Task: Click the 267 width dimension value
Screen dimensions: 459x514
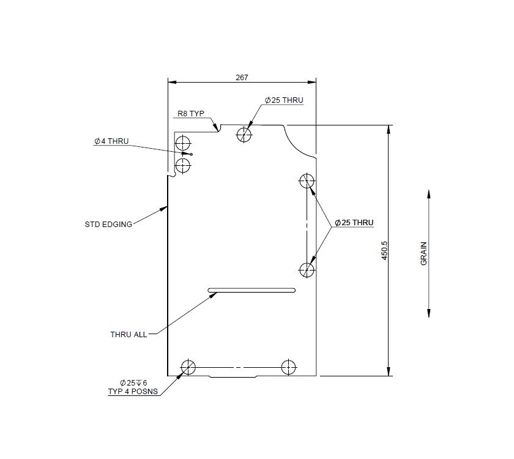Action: coord(242,78)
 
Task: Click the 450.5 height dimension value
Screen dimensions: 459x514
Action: coord(385,251)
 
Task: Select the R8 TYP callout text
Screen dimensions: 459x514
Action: coord(190,114)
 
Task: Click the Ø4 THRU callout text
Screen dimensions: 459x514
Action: coord(111,141)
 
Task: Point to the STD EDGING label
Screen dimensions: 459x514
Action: coord(108,225)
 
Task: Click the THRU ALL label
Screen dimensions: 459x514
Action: coord(128,335)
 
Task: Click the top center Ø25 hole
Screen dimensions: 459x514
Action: coord(245,134)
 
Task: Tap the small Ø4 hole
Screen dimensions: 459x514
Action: coord(192,154)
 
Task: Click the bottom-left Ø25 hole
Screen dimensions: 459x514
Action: coord(188,367)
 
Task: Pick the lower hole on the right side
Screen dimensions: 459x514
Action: coord(307,269)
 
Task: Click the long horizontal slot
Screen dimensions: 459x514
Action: coord(251,290)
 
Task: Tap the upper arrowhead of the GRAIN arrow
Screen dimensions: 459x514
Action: coord(428,194)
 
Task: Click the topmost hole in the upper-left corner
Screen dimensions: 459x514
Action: coord(183,143)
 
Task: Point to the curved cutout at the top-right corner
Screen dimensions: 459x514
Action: coord(298,140)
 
